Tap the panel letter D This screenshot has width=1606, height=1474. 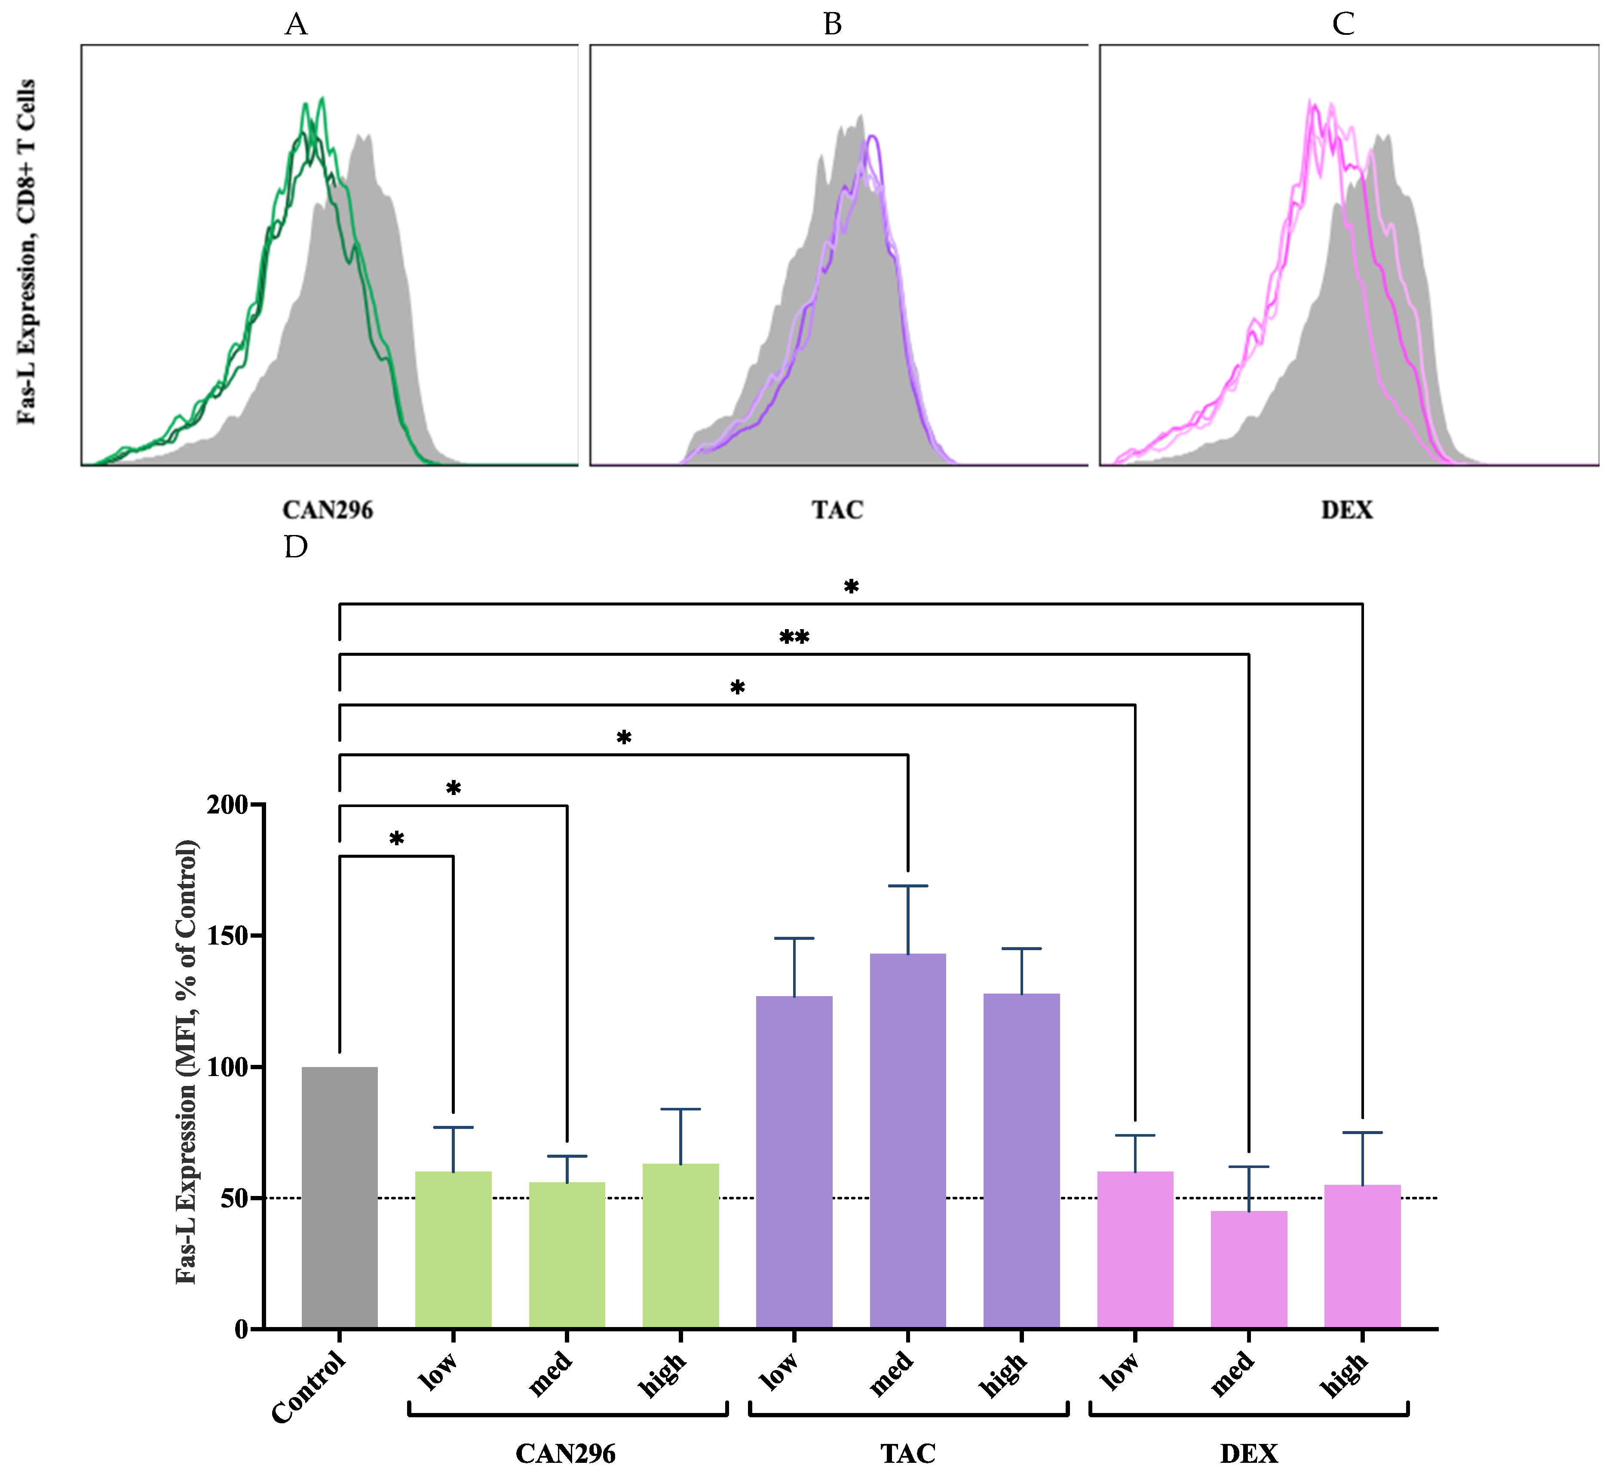click(x=296, y=547)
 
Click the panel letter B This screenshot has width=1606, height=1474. click(x=832, y=25)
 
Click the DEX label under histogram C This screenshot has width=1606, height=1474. click(x=1347, y=510)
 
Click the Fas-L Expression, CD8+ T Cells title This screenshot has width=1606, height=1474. click(x=26, y=251)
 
